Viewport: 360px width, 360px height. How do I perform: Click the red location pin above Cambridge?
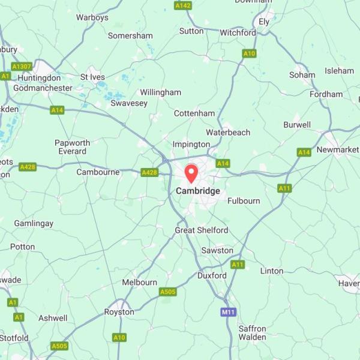[191, 173]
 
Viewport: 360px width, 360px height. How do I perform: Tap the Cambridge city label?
[198, 191]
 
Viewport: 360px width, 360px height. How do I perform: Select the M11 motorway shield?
[228, 312]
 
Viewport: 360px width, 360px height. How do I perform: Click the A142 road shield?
[182, 5]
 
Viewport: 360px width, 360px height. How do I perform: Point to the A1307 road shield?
[22, 66]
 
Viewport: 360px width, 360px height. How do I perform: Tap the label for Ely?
[264, 22]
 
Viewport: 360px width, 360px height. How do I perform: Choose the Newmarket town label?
[338, 149]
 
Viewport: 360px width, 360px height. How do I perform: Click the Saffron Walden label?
[252, 332]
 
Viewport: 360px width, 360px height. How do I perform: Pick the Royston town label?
[119, 312]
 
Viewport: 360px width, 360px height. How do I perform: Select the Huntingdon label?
[40, 78]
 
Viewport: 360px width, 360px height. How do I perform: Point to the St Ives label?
[92, 77]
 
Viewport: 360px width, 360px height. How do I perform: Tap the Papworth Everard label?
[72, 147]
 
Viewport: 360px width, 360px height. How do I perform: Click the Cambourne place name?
[98, 172]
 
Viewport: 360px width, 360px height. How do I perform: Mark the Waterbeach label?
[228, 132]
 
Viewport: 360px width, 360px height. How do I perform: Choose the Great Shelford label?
[202, 230]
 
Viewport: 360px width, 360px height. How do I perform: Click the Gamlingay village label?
[34, 223]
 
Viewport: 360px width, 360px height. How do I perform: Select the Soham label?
[302, 75]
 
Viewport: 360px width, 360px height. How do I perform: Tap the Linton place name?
[272, 271]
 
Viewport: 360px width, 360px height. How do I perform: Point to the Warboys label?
[92, 17]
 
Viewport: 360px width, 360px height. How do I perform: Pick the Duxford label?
[212, 275]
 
